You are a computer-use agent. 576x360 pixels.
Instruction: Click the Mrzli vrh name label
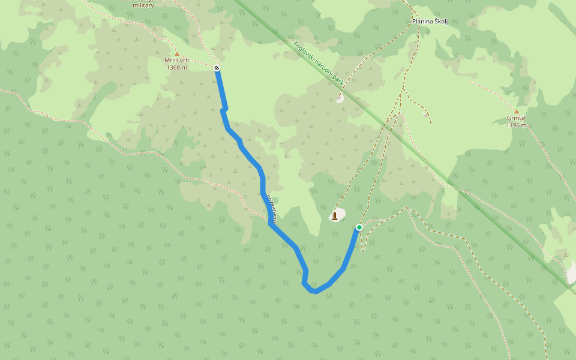coord(176,61)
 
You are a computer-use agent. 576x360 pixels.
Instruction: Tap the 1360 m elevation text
coord(176,67)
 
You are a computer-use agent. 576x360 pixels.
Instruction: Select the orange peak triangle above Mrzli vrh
coord(176,54)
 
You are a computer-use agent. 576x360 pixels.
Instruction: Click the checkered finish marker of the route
coord(217,68)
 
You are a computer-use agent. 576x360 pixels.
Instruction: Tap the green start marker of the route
coord(359,227)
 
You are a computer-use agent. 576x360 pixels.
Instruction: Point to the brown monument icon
coord(335,215)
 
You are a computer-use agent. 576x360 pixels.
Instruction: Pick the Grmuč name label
coord(516,118)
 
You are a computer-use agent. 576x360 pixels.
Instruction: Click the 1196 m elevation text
coord(516,125)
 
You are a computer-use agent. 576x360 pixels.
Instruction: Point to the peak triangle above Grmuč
coord(516,112)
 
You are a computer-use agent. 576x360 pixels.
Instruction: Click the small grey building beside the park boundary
coord(340,98)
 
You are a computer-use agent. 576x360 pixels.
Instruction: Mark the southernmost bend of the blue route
coord(314,292)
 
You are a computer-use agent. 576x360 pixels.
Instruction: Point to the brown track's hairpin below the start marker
coord(362,250)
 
